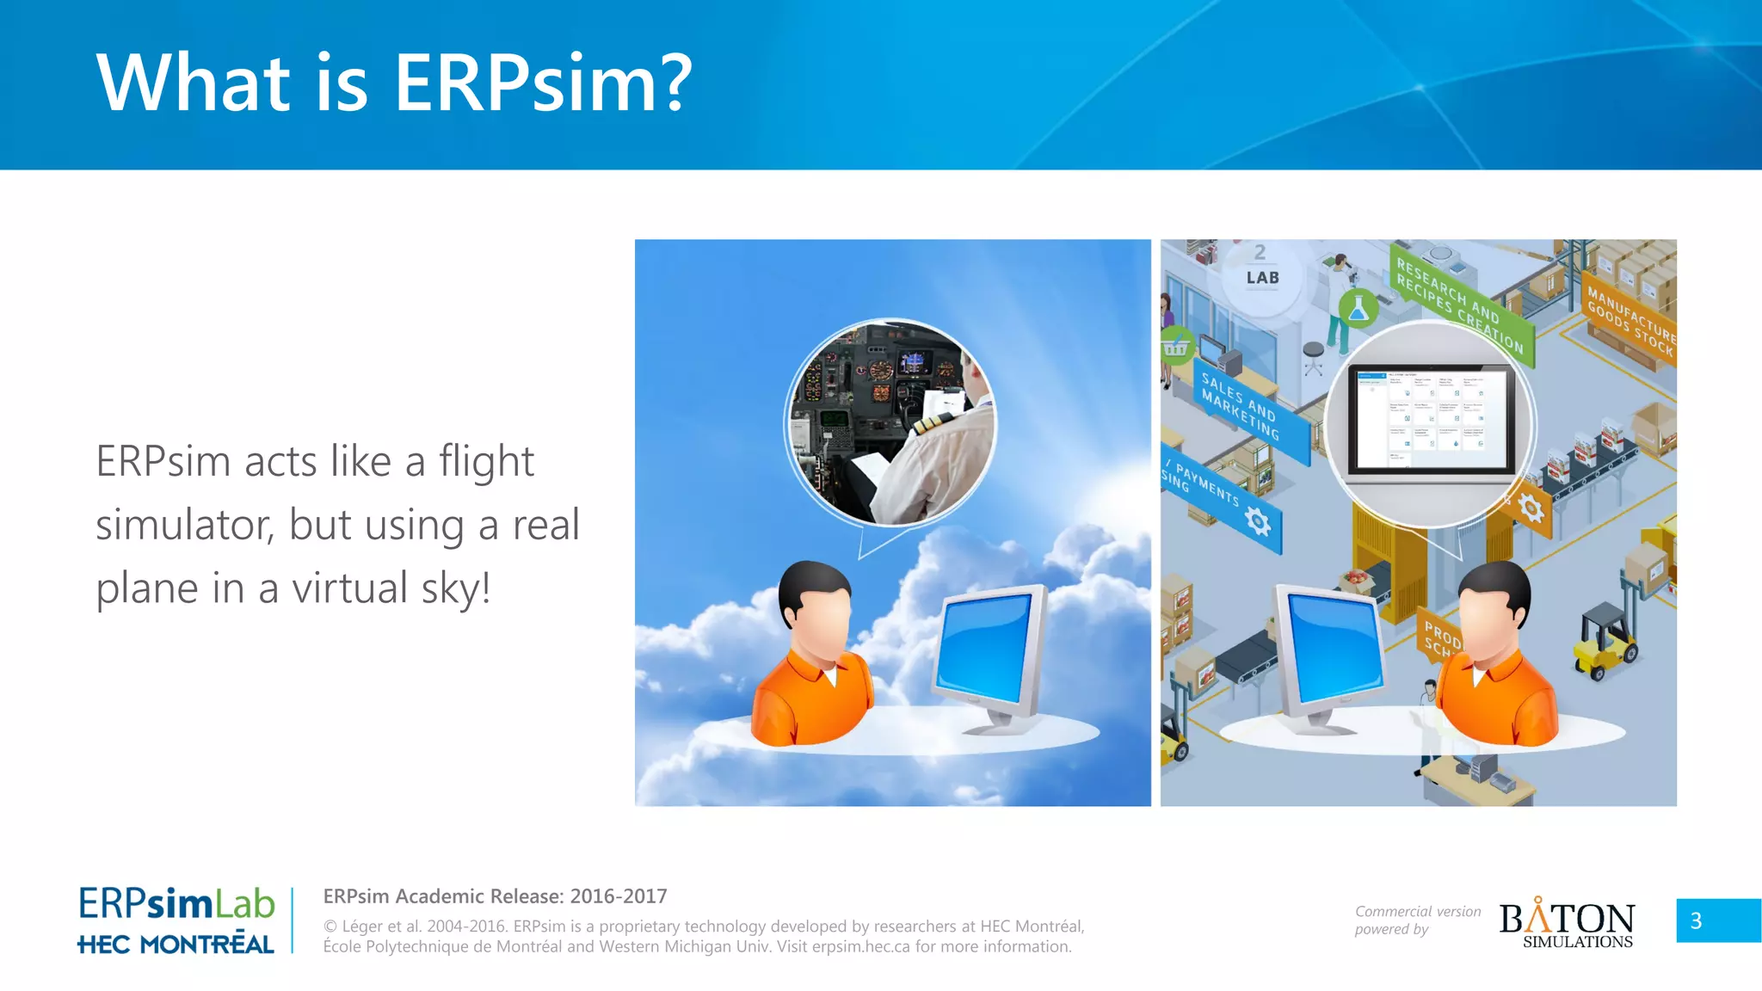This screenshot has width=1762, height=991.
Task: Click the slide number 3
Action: coord(1696,921)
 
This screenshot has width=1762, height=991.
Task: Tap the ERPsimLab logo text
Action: coord(176,904)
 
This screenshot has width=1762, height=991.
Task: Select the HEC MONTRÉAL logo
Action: coord(176,944)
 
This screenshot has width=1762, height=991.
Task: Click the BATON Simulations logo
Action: coord(1567,924)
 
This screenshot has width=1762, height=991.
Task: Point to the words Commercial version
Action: coord(1418,911)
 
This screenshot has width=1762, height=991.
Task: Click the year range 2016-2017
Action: coord(619,896)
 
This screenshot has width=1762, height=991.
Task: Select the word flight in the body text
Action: coord(486,462)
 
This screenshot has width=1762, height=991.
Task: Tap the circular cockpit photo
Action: coord(892,422)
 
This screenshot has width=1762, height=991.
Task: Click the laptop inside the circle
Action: coord(1432,422)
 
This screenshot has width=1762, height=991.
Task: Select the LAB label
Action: coord(1262,278)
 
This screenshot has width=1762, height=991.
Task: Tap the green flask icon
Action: coord(1358,308)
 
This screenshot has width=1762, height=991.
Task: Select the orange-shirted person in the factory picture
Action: coord(1497,662)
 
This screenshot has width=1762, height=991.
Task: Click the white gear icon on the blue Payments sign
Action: coord(1258,520)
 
